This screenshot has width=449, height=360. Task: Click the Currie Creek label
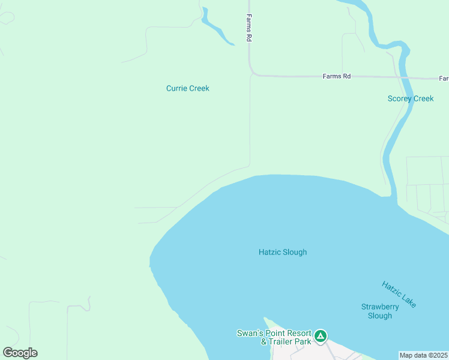click(x=188, y=88)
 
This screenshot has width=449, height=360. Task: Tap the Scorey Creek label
click(x=411, y=98)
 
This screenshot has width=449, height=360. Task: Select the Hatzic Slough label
click(x=283, y=252)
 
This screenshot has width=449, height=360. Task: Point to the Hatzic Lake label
click(x=399, y=295)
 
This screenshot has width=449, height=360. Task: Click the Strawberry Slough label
click(x=380, y=311)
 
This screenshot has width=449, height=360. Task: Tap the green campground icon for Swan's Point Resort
click(x=321, y=336)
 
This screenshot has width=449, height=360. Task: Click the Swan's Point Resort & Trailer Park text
click(x=274, y=337)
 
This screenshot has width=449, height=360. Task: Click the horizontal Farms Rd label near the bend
click(x=336, y=76)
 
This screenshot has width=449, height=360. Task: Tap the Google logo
click(x=20, y=353)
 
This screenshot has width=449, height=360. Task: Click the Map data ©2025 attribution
click(x=424, y=355)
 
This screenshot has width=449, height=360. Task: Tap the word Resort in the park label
click(x=299, y=333)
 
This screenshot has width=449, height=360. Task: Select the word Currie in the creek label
click(x=176, y=88)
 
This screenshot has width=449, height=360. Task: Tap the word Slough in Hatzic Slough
click(x=295, y=252)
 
